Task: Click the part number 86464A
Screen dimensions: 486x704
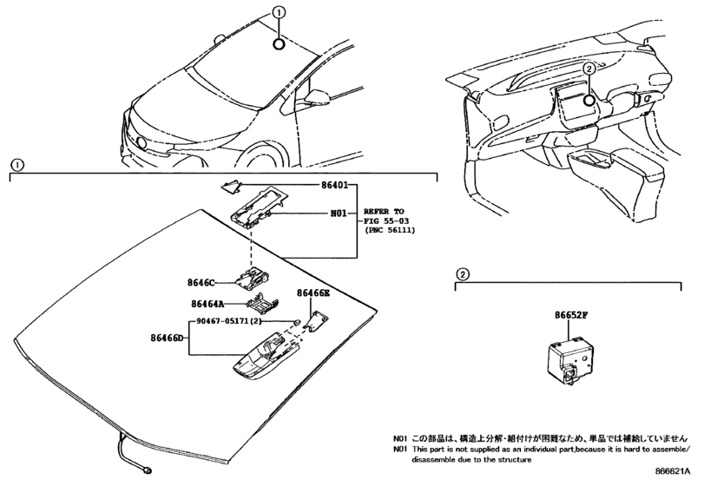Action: (x=207, y=304)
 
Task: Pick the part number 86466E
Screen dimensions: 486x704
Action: (x=313, y=295)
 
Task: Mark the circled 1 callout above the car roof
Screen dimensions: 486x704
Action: (x=279, y=12)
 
